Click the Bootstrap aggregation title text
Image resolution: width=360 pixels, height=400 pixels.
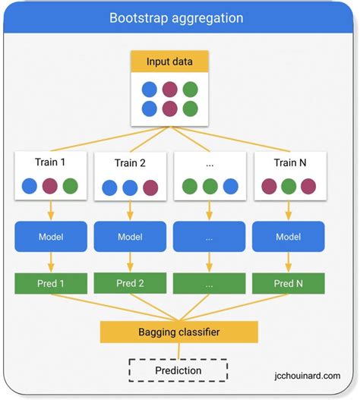click(x=176, y=17)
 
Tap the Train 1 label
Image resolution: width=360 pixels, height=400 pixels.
click(x=50, y=162)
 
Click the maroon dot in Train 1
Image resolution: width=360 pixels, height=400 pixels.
click(x=50, y=186)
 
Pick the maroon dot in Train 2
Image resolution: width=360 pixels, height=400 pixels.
click(x=150, y=187)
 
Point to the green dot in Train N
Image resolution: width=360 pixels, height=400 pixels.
click(x=289, y=186)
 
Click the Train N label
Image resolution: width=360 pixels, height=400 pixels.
click(x=289, y=162)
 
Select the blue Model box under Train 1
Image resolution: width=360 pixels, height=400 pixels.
click(x=50, y=237)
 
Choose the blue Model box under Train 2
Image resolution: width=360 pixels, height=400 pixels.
click(x=130, y=237)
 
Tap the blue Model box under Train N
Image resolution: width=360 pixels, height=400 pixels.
click(x=289, y=237)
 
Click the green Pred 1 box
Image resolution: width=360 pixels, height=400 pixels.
click(x=50, y=283)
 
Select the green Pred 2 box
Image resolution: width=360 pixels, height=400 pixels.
click(x=130, y=283)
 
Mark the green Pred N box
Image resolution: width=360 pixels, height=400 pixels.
click(x=289, y=283)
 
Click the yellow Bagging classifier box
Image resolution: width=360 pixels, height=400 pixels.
click(x=179, y=332)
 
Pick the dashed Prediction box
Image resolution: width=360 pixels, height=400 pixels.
click(x=179, y=370)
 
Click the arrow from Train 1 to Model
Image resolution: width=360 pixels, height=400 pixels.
click(x=50, y=210)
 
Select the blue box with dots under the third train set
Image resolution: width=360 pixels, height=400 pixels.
click(x=210, y=237)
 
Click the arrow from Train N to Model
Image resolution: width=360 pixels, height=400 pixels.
click(x=289, y=210)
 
